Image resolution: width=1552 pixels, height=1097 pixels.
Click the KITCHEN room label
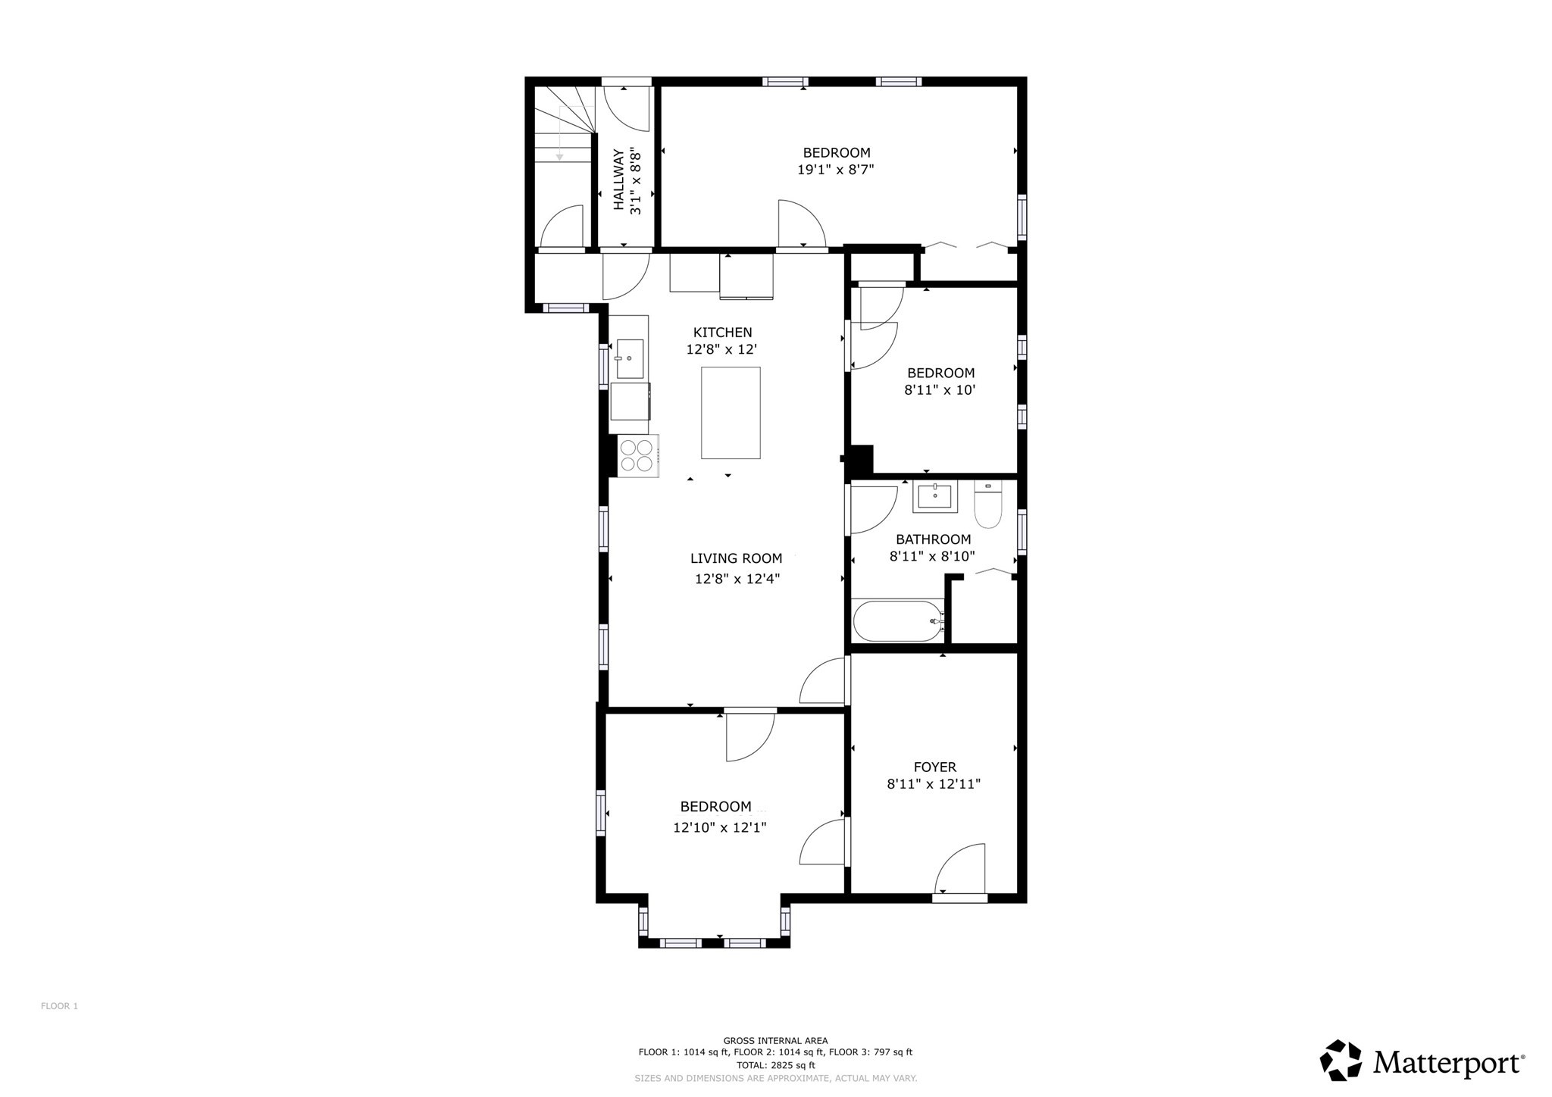tap(722, 332)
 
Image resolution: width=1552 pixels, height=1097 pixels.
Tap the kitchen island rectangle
tap(731, 413)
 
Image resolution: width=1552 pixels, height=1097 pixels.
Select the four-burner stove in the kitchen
tap(637, 455)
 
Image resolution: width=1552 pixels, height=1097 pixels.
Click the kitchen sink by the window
tap(629, 358)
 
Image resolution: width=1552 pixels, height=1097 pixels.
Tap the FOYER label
tap(934, 767)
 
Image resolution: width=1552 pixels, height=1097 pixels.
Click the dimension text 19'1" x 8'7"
tap(835, 170)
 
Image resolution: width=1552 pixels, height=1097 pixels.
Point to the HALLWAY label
tap(618, 180)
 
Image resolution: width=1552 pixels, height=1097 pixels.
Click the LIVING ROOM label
tap(736, 558)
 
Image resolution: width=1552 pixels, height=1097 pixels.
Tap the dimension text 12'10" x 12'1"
tap(719, 828)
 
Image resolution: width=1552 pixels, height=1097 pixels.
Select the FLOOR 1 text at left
tap(59, 1006)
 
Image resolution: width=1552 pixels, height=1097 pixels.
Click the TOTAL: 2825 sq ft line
tap(775, 1065)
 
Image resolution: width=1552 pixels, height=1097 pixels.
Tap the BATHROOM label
tap(933, 539)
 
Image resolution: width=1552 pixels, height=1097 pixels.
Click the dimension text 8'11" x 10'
tap(939, 391)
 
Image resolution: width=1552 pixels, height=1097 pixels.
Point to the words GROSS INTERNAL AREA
tap(775, 1040)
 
